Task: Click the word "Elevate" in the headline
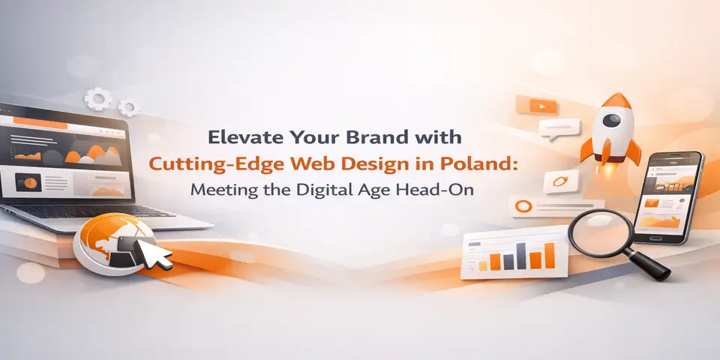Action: point(239,138)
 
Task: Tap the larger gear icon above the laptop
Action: point(98,98)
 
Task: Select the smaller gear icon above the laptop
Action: point(129,108)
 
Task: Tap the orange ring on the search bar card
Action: point(525,205)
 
